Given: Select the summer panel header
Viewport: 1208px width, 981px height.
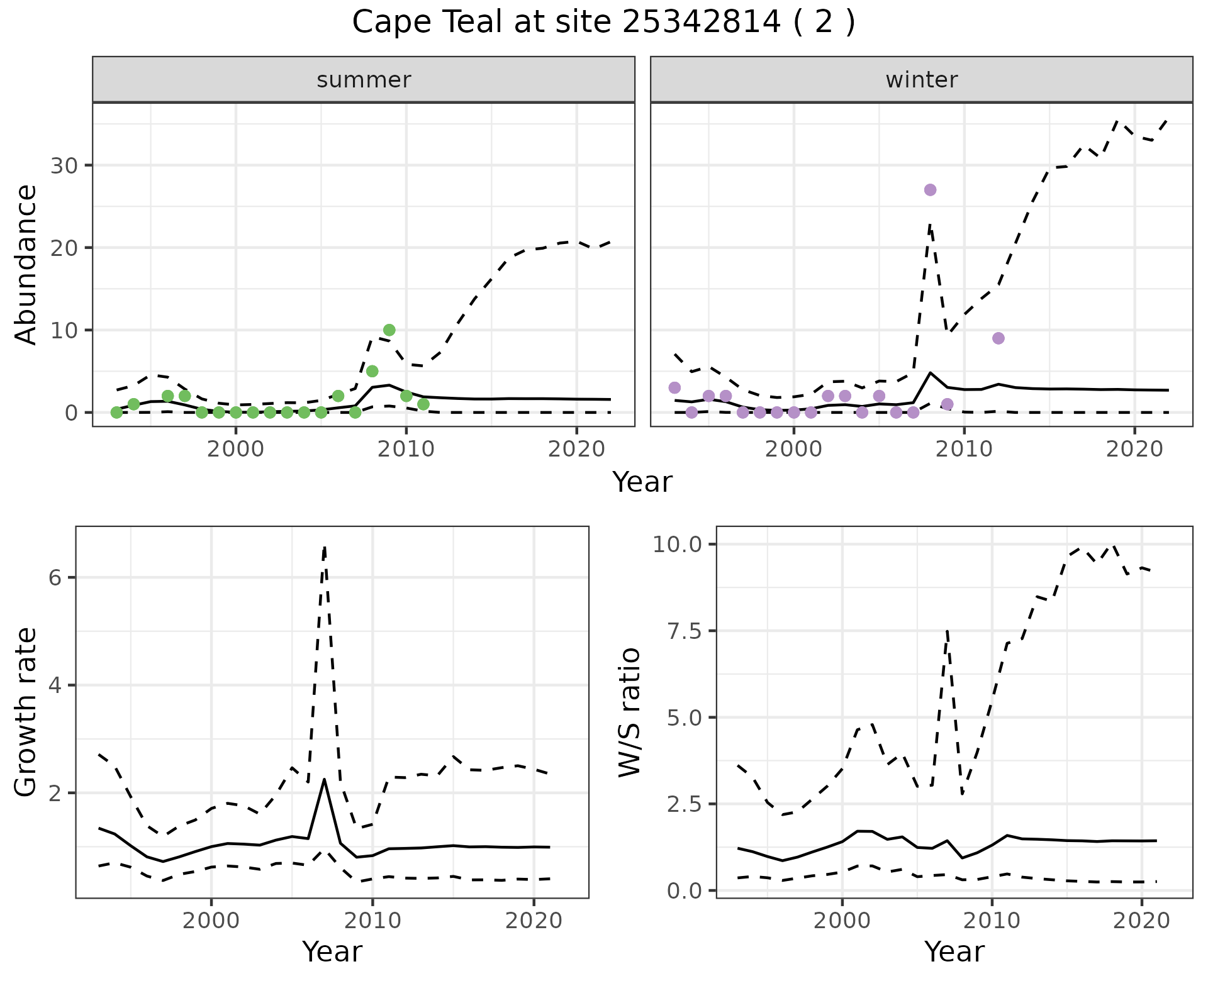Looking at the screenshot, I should point(363,80).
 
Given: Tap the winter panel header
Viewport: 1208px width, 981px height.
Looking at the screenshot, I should point(921,80).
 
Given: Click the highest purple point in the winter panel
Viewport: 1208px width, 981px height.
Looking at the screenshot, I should point(930,190).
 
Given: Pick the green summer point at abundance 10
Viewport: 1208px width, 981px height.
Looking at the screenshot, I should point(389,330).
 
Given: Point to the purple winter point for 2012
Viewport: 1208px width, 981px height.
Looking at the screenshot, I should point(998,338).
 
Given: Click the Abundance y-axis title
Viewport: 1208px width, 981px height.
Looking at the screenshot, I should point(26,264).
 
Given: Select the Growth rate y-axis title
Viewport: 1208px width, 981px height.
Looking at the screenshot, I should point(26,712).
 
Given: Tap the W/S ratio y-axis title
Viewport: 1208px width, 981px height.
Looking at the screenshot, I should point(629,712).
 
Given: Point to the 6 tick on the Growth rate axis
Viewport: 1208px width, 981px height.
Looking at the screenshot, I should point(55,578).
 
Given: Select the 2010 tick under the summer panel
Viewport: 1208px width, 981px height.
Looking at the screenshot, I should point(406,450).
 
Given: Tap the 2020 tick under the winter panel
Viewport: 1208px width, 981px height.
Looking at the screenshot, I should point(1134,450).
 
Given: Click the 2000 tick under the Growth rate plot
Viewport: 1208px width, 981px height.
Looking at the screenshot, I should point(211,921).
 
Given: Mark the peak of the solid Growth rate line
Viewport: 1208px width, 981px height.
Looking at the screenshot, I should point(324,780).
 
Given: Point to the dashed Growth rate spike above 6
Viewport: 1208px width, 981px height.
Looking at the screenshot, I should point(324,548).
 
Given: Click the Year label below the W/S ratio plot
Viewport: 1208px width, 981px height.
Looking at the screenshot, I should point(954,952).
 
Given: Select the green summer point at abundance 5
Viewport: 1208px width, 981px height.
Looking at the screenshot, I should point(372,371).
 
